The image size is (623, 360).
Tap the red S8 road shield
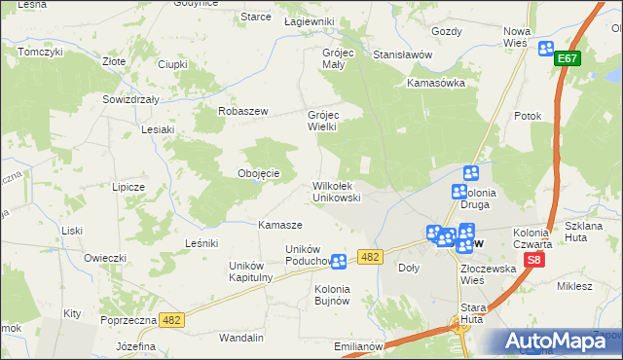[533, 261]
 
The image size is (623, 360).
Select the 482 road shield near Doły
[369, 256]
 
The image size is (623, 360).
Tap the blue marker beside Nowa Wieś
[545, 49]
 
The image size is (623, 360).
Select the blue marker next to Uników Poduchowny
[339, 261]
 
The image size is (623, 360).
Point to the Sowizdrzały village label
[130, 99]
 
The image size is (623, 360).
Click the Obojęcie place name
[259, 173]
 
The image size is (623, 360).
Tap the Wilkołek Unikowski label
[337, 191]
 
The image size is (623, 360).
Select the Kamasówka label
[436, 83]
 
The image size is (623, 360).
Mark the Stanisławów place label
[402, 55]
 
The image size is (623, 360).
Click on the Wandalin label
[242, 338]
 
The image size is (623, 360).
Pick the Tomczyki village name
[40, 51]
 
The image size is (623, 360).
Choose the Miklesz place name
[574, 286]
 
